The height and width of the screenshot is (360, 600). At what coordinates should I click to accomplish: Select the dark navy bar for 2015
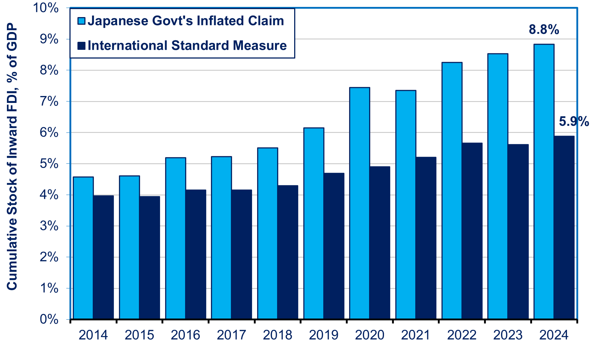150,258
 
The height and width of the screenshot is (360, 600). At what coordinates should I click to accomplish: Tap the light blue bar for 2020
360,203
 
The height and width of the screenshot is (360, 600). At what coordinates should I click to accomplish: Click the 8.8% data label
544,30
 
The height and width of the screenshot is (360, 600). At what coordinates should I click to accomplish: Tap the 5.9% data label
574,122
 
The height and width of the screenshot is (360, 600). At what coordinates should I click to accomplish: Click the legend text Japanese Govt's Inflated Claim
186,21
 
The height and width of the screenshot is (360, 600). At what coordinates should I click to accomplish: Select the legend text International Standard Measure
187,46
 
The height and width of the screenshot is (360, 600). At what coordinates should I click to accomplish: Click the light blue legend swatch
81,21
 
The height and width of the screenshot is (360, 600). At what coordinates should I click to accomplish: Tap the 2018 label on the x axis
277,335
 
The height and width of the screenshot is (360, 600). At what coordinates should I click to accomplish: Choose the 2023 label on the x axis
508,335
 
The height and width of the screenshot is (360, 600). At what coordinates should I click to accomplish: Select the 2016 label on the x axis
185,335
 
